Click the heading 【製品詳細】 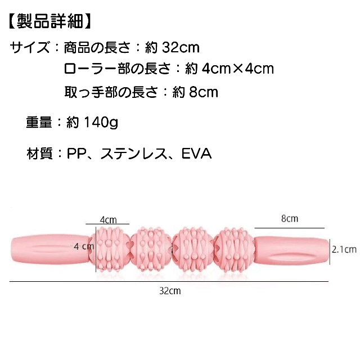coord(49,22)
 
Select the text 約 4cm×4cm coord(229,69)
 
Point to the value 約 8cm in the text coord(195,91)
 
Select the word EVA coord(196,153)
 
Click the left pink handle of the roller coord(49,250)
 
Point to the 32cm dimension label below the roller coord(170,291)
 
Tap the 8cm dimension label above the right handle coord(289,218)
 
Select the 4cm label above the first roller coord(108,219)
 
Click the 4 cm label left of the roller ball coord(83,246)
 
